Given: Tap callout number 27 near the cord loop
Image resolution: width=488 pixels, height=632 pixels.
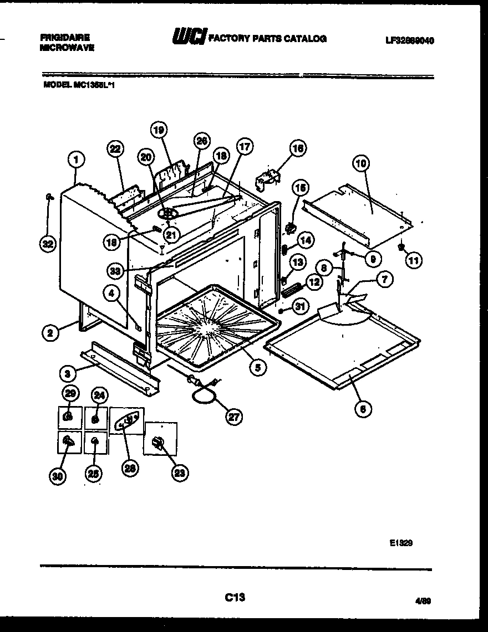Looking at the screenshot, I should click(234, 417).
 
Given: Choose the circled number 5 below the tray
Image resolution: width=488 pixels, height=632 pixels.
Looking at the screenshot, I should click(256, 367).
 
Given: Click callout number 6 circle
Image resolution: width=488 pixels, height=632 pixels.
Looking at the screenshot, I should click(363, 409).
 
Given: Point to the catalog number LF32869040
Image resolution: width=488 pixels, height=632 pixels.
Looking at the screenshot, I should click(409, 40).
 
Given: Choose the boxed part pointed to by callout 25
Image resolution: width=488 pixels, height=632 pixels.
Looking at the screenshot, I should click(95, 441).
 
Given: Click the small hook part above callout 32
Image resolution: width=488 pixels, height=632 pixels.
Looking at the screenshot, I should click(49, 196).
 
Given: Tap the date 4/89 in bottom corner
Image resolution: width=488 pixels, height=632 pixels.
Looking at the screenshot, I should click(423, 599).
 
